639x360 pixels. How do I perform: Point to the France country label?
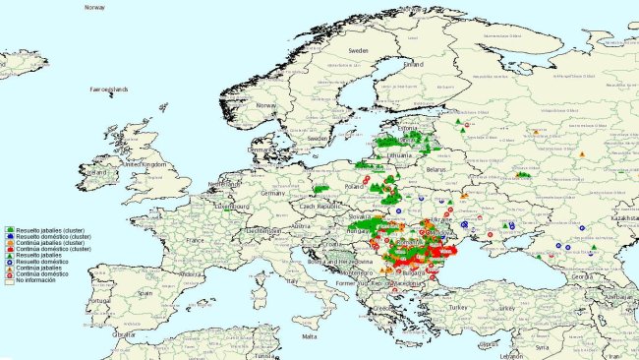(197, 239)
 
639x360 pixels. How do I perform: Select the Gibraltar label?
(124, 334)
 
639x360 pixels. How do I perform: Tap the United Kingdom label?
(145, 164)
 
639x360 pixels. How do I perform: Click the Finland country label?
(413, 64)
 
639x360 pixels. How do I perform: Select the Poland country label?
(355, 184)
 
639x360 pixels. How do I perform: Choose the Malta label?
(310, 335)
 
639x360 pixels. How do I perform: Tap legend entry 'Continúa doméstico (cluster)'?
(44, 250)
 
